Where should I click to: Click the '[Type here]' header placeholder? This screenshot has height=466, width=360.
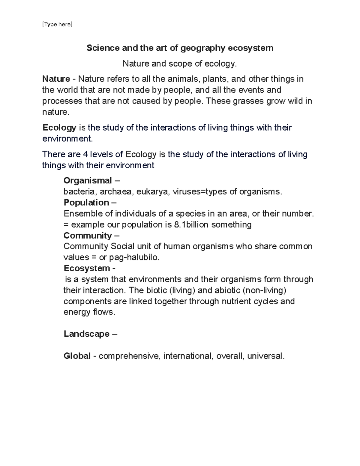57,24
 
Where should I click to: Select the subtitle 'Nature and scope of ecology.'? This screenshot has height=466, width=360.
180,64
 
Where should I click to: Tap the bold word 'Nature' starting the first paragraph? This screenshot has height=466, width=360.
56,79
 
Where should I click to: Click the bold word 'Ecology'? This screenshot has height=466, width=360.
59,128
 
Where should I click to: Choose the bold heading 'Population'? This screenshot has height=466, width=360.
86,203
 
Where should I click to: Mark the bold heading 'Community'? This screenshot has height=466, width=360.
88,236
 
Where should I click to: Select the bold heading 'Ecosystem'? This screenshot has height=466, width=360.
87,268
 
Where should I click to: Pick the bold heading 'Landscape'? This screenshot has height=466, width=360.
86,334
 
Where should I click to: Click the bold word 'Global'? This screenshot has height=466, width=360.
77,356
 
